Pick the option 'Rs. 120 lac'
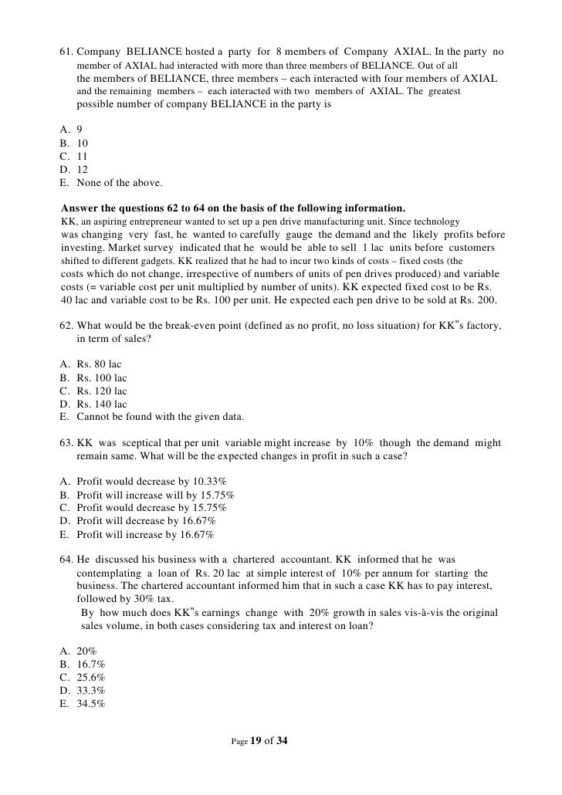pos(102,391)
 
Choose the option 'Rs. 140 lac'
pos(102,404)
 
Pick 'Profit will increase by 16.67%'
pos(145,534)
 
